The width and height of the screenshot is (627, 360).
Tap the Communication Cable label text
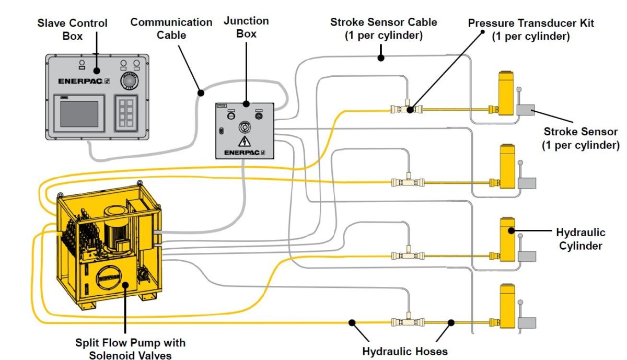[x=171, y=29]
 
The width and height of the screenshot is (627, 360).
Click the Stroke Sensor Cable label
[x=384, y=29]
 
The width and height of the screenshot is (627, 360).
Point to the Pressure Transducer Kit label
[x=530, y=30]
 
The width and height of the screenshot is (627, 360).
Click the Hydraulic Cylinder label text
[x=580, y=239]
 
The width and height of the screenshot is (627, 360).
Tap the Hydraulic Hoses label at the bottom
[x=405, y=351]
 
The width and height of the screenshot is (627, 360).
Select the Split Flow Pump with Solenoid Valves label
[x=130, y=349]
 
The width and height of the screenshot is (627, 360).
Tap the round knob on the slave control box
[x=129, y=82]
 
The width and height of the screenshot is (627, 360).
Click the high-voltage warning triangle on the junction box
[x=243, y=142]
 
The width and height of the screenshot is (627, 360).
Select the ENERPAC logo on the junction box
[x=244, y=153]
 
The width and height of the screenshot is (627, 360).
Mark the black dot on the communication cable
[x=200, y=93]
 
